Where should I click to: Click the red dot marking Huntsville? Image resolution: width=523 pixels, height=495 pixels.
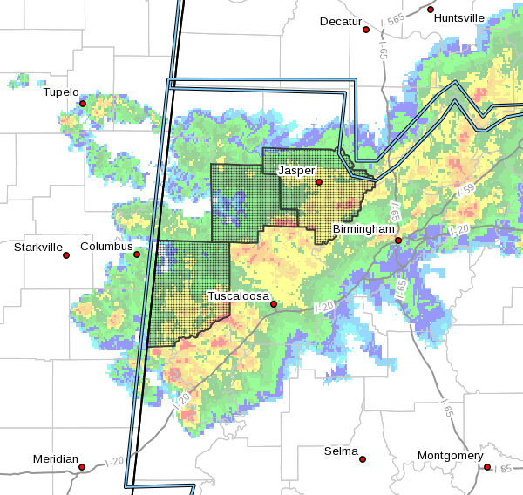[x=431, y=10]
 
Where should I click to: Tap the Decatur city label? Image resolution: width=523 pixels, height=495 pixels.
[x=340, y=21]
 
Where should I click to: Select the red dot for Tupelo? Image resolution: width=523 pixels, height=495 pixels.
[x=83, y=104]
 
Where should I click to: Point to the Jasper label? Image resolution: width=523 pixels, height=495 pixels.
[x=295, y=170]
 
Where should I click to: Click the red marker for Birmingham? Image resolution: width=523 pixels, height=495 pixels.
[x=398, y=241]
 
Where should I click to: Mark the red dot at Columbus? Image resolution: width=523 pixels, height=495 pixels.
[x=137, y=254]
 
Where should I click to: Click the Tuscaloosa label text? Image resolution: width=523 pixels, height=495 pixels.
[x=237, y=296]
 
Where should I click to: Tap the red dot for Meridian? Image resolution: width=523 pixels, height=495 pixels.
[x=82, y=467]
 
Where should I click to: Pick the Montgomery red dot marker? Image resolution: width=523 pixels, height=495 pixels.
[x=487, y=467]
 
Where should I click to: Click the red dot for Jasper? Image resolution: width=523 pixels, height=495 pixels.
[x=319, y=182]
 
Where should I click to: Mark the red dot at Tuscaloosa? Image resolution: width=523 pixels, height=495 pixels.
[x=274, y=304]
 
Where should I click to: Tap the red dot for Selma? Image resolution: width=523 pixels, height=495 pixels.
[x=363, y=459]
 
